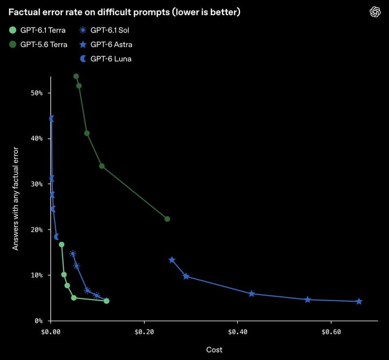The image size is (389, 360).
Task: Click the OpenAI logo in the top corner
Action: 375,12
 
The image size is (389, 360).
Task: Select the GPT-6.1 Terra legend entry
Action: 37,30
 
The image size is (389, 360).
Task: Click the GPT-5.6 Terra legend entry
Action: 38,45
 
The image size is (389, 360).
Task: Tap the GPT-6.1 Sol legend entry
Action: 104,30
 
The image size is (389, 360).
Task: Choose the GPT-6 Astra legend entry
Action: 106,45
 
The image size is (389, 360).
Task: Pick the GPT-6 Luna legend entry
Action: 105,59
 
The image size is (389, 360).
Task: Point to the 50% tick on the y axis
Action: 37,93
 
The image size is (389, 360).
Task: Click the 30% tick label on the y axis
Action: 37,184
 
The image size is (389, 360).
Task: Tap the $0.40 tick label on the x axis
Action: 237,332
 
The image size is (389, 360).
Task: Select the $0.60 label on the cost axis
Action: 331,332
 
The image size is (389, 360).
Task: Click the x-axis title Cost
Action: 214,350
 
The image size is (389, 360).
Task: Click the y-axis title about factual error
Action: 15,199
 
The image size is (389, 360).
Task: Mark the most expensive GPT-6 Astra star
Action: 359,302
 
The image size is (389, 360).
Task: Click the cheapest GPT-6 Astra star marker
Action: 172,260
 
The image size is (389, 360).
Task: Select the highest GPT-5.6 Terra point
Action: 76,76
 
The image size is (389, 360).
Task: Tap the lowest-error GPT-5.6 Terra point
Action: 167,219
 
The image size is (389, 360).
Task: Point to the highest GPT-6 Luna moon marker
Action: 52,119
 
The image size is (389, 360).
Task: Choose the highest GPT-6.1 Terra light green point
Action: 62,244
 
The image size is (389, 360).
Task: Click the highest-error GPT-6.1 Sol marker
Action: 73,254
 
